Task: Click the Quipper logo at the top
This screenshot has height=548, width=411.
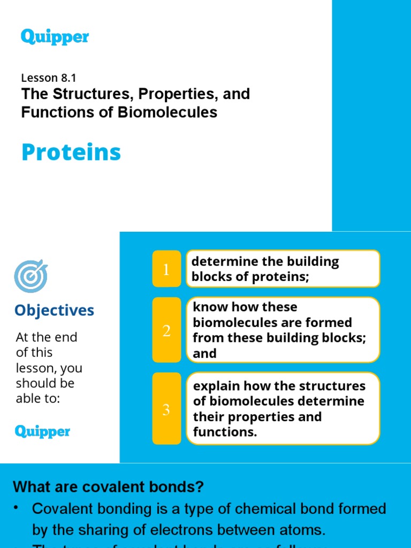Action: point(55,37)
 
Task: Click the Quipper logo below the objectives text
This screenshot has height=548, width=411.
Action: point(43,431)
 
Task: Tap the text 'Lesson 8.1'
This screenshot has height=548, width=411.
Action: point(49,78)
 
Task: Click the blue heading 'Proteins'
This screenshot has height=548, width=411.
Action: point(71,153)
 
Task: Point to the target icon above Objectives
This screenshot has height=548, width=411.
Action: point(31,276)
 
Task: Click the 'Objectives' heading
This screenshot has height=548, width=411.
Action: point(54,310)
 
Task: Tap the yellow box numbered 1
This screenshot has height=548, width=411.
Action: point(166,270)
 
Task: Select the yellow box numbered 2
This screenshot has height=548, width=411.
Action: point(166,331)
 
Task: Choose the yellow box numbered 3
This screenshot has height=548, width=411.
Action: point(166,410)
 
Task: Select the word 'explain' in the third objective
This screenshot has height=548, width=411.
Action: point(215,386)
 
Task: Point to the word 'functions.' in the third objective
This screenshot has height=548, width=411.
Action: point(225,432)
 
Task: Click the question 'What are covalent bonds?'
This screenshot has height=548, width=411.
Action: point(109,487)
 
